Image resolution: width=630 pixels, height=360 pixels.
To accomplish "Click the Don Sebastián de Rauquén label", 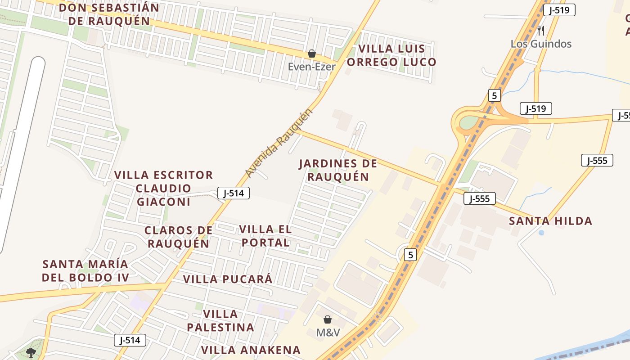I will [x=109, y=14].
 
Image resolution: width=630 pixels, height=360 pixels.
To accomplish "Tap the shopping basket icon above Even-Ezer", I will [x=311, y=54].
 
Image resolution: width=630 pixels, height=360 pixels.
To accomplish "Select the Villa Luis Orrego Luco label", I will [x=397, y=55].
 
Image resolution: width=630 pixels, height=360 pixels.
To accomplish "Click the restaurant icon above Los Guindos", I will [x=541, y=31].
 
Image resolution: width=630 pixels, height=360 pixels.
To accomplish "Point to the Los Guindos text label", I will [x=541, y=44].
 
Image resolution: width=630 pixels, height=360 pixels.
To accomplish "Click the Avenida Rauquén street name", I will [x=279, y=143].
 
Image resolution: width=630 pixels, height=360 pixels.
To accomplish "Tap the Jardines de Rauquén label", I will [x=338, y=170].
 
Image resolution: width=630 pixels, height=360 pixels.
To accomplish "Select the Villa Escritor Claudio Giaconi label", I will [x=164, y=188].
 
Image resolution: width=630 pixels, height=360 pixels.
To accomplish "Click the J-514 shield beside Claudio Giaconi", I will [x=234, y=193].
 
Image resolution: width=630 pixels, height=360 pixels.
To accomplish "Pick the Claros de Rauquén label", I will [x=178, y=237].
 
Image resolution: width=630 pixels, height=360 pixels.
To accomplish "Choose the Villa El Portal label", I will [x=265, y=236].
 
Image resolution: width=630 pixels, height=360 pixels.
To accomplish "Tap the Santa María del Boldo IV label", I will [x=85, y=270].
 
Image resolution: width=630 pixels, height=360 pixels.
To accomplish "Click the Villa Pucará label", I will [x=228, y=279].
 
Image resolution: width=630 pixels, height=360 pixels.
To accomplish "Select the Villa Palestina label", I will [x=220, y=320].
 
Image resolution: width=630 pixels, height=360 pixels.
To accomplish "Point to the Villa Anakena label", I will [x=251, y=350].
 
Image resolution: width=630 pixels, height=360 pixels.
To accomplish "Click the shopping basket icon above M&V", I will [x=328, y=319].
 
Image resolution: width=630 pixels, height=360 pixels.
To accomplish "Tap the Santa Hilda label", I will [x=550, y=221].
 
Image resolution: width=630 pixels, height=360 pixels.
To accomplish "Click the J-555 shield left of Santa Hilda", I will [x=480, y=198].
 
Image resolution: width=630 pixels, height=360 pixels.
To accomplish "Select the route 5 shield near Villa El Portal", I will [x=410, y=255].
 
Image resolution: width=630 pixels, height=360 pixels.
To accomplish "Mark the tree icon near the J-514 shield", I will [x=31, y=352].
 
